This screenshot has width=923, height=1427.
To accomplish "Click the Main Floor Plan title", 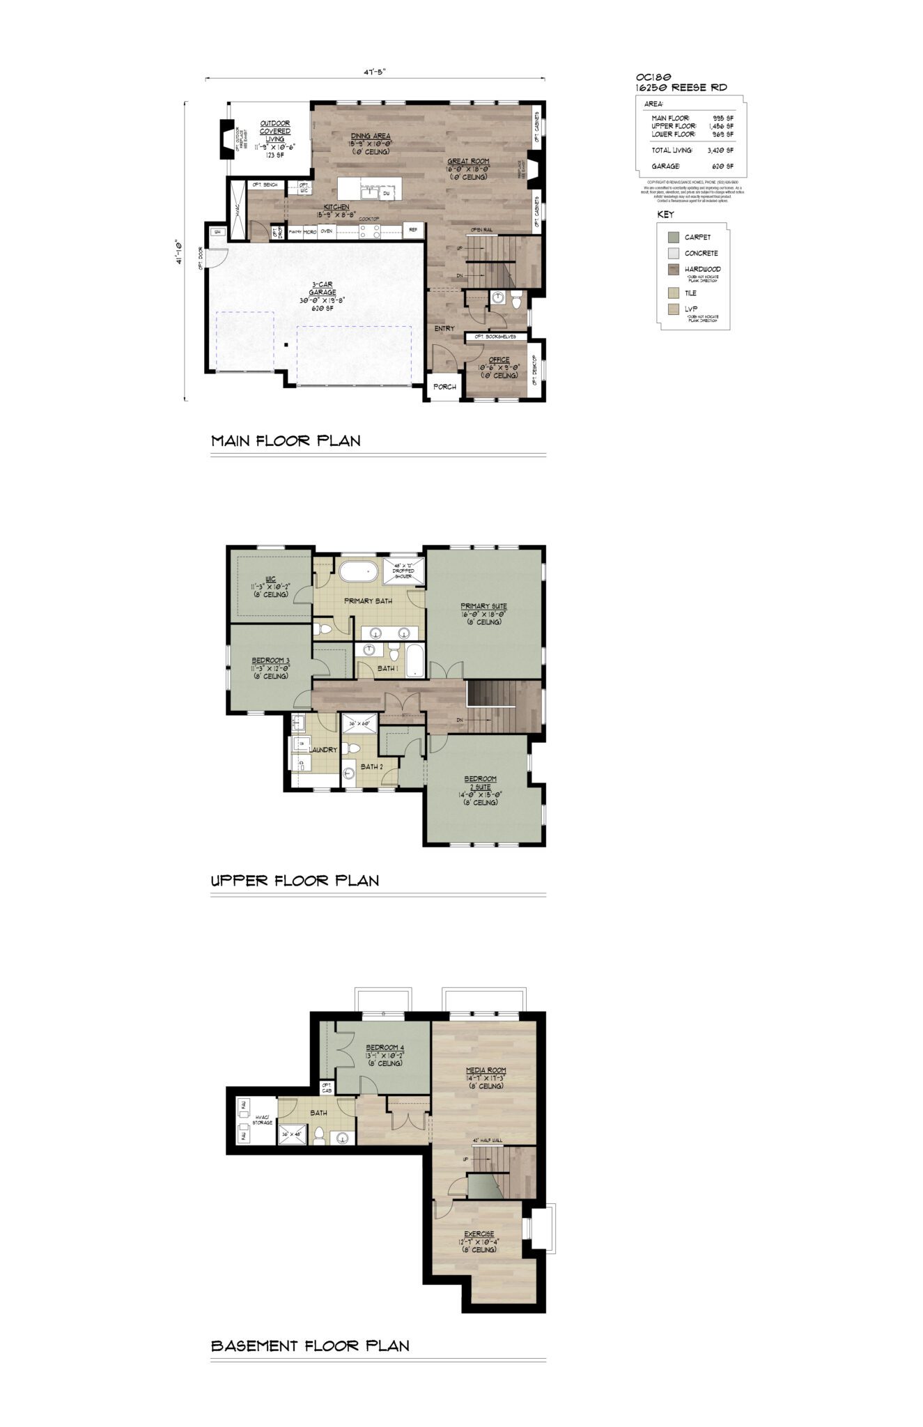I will point(286,440).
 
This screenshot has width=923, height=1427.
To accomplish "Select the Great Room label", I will point(468,162).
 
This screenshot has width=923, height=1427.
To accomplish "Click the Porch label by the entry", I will point(444,387).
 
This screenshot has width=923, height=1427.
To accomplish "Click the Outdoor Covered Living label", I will point(274,131).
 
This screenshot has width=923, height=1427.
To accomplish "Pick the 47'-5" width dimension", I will point(375,71).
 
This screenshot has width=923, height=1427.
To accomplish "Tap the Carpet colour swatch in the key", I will point(673,237).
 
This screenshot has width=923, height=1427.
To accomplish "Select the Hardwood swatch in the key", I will point(673,270).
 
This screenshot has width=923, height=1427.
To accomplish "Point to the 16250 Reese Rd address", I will point(681,88).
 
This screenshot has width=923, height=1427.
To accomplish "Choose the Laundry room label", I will point(325,750).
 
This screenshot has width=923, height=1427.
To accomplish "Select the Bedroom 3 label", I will point(270,661).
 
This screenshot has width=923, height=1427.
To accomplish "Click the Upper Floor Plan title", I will point(295,880).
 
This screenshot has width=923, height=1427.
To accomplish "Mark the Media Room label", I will point(486,1070).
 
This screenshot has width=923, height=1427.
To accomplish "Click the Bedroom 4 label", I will point(385,1048).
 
